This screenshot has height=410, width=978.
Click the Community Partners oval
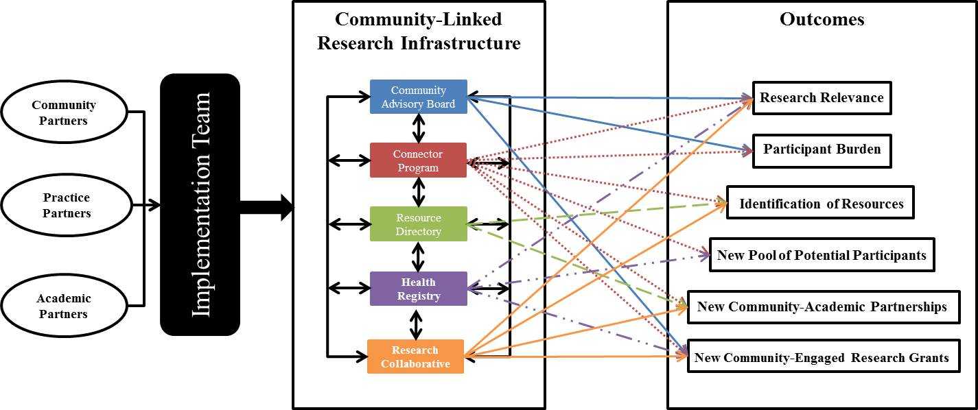[64, 112]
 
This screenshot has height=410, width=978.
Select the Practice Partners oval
[66, 205]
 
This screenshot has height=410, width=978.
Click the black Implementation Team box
[200, 204]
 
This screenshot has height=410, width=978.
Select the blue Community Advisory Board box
[418, 97]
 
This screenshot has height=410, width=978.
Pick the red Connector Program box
[418, 160]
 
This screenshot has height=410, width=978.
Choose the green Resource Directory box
[418, 224]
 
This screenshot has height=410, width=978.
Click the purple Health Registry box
[418, 289]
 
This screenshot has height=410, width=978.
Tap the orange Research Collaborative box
[415, 357]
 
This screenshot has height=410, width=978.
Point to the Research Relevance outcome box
[822, 98]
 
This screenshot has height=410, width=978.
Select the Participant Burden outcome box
[822, 150]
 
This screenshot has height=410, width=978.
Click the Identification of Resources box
[820, 203]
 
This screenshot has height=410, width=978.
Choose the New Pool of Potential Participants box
[821, 255]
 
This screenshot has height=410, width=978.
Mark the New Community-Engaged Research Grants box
[823, 357]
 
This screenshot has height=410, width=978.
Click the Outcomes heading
[822, 19]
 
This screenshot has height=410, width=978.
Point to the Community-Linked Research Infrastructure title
[419, 32]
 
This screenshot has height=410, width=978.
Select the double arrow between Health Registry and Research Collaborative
[415, 322]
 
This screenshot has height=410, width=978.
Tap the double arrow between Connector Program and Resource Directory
[418, 192]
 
